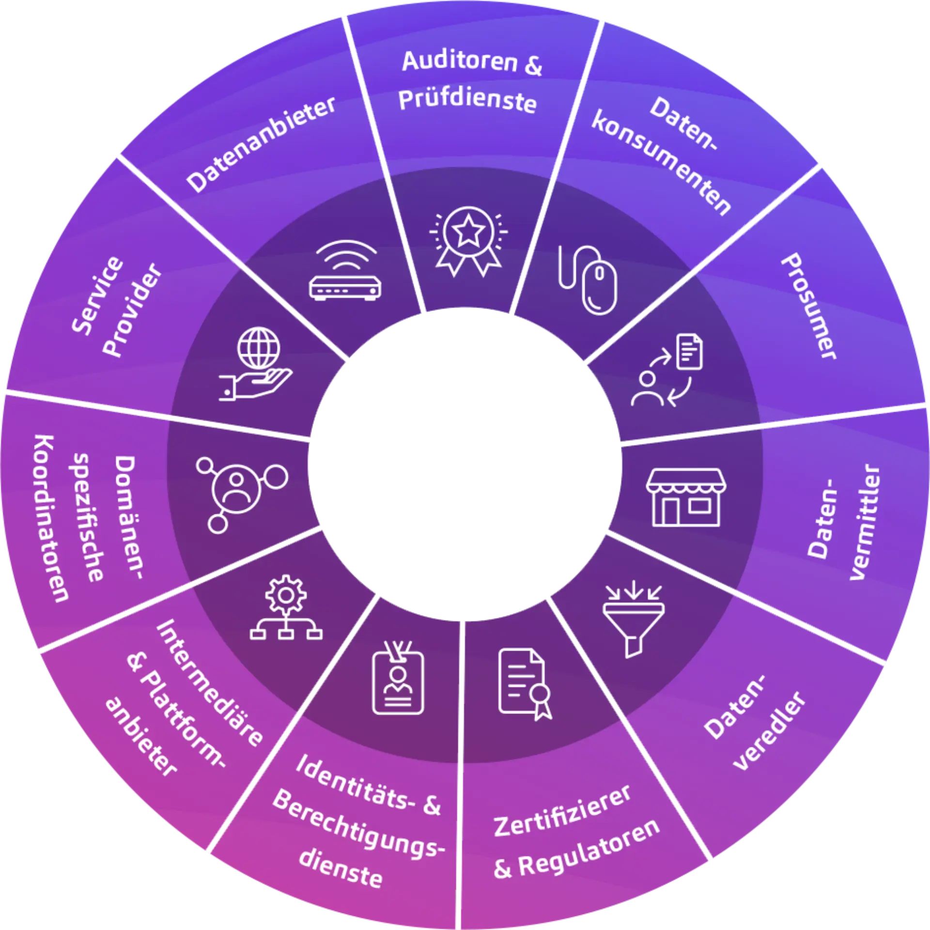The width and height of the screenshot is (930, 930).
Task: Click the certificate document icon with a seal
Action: [525, 683]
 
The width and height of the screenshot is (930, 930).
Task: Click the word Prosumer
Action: [808, 306]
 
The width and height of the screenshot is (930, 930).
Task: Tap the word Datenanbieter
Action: [261, 144]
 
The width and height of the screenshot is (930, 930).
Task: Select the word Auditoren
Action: [460, 62]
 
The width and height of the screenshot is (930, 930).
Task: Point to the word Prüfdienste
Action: [467, 101]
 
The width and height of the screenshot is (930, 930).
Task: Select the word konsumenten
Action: [661, 162]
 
